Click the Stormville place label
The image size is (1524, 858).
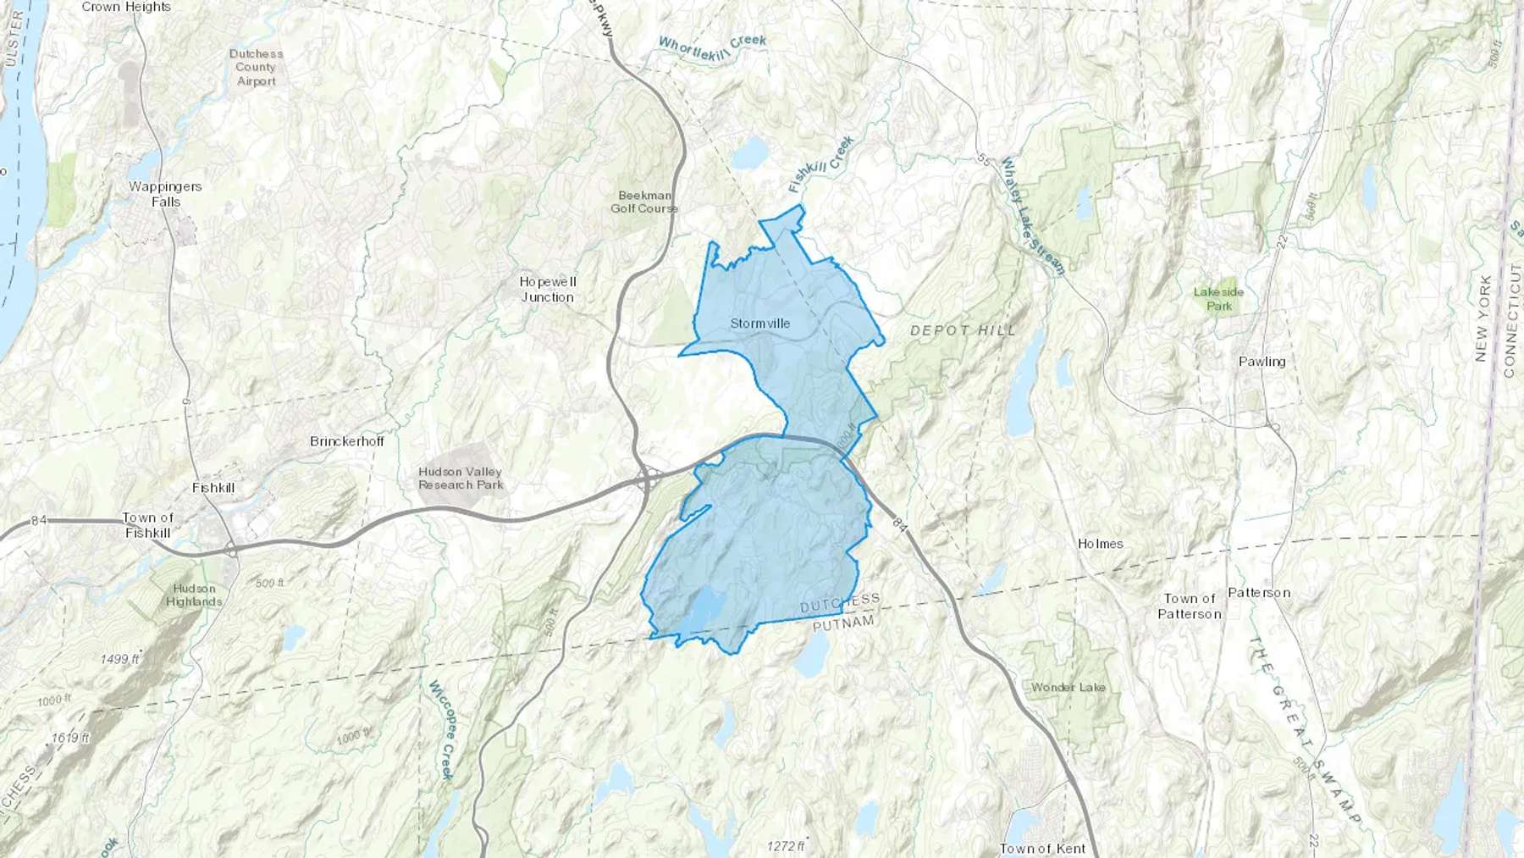click(759, 324)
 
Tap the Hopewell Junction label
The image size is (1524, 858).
click(547, 289)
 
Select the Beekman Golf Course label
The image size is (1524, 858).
click(643, 202)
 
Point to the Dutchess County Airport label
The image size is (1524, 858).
click(256, 67)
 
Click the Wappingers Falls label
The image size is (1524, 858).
click(165, 194)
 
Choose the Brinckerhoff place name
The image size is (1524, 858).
click(346, 441)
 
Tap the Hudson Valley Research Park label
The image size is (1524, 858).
click(461, 479)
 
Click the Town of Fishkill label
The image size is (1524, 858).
click(147, 525)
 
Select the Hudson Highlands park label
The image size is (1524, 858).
click(194, 595)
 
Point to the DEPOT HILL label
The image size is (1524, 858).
click(963, 330)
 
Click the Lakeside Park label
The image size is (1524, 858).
click(1218, 299)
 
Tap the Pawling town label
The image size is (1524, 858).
click(1262, 362)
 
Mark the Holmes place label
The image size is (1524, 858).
click(1100, 544)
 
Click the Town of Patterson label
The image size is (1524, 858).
click(1189, 606)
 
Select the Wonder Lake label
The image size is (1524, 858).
click(1068, 687)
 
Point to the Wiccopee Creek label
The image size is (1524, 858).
click(441, 729)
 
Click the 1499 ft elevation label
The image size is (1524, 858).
click(119, 659)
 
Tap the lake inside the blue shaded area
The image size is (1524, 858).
click(704, 608)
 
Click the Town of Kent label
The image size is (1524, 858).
click(1042, 848)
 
